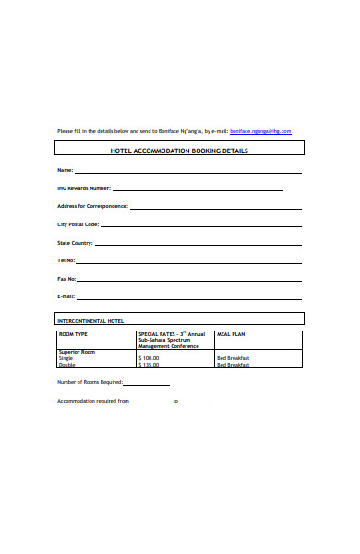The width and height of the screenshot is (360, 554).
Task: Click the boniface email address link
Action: [x=260, y=131]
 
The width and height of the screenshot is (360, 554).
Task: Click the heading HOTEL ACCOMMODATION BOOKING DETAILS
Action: [x=179, y=150]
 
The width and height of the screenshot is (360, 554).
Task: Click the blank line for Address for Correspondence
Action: [x=216, y=207]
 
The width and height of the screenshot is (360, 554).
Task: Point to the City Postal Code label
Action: [x=78, y=224]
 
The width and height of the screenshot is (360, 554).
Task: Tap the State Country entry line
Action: [x=198, y=244]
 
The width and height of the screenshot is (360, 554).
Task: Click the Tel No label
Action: [x=66, y=261]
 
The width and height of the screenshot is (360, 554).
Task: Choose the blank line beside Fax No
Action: [x=189, y=280]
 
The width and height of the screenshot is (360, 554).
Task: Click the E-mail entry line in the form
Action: [x=189, y=297]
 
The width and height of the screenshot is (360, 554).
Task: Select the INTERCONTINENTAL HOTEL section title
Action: [x=90, y=320]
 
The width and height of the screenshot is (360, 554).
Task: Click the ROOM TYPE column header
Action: [x=73, y=333]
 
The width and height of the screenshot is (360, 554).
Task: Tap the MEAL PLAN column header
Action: [x=230, y=333]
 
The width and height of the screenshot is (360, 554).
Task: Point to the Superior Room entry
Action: [x=77, y=352]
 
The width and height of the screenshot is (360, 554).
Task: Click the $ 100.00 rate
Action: [x=149, y=358]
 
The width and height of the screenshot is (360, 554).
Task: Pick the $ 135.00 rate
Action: [x=149, y=365]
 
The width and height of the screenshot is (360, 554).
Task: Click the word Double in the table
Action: [x=66, y=365]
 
